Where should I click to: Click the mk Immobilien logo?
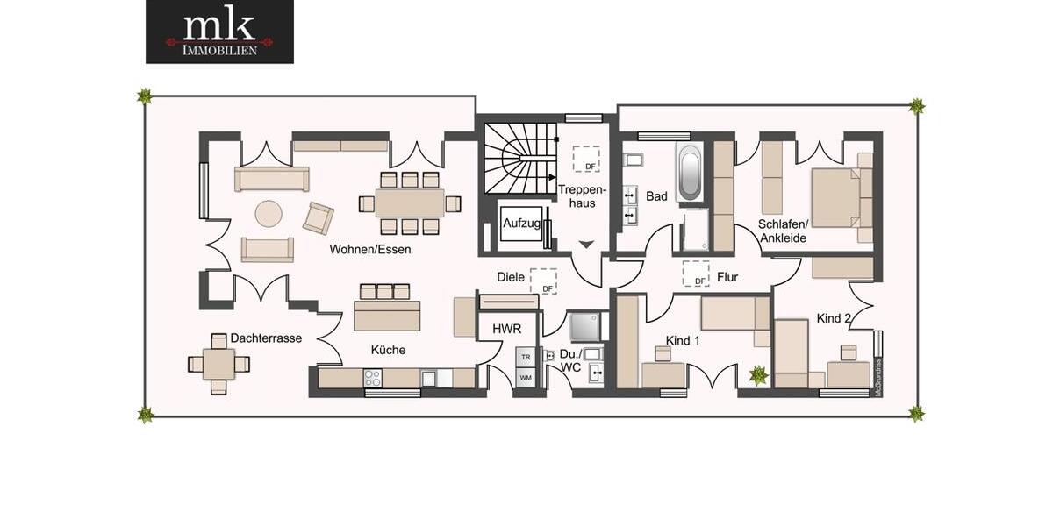(219, 32)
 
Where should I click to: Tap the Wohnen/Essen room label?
(370, 249)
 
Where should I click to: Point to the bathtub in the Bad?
(690, 173)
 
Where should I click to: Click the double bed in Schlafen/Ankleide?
(835, 198)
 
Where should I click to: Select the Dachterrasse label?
(266, 338)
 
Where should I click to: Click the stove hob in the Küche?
(373, 378)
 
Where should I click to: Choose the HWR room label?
(506, 328)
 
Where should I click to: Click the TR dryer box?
(526, 358)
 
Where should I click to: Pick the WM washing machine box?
(526, 378)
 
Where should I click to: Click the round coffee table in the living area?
(269, 213)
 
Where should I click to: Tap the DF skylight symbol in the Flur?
(696, 274)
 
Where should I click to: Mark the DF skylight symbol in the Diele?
(544, 281)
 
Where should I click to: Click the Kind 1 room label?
(683, 340)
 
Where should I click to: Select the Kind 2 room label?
(834, 317)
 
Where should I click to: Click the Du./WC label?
(570, 361)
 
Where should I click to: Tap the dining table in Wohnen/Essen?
(410, 203)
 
